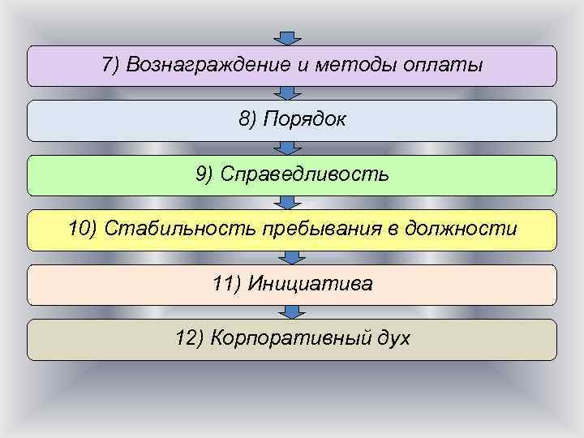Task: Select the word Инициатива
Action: pyautogui.click(x=311, y=284)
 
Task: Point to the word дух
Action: pyautogui.click(x=393, y=338)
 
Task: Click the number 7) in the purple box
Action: pyautogui.click(x=112, y=65)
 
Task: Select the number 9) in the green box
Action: pyautogui.click(x=205, y=174)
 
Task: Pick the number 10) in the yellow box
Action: pyautogui.click(x=84, y=229)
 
